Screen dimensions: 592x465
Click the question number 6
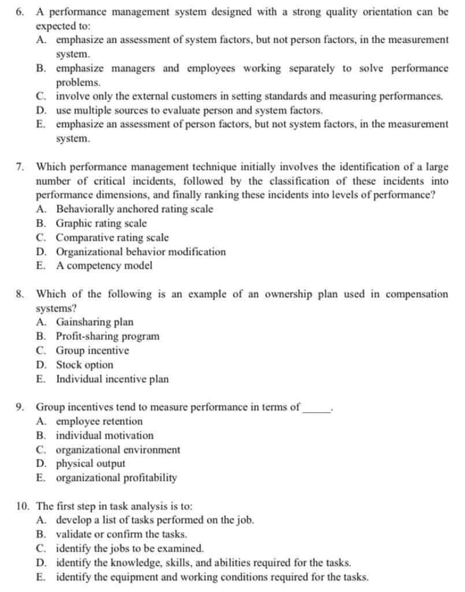20,12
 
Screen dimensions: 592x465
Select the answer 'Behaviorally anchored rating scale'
134,209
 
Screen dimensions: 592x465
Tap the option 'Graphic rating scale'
101,224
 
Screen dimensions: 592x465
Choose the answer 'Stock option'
84,365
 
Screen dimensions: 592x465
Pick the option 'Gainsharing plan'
94,323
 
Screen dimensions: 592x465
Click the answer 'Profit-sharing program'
107,336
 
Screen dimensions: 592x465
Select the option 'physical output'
90,464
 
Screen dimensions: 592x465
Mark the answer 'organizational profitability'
116,478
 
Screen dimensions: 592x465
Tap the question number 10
23,506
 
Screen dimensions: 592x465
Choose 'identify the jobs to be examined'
129,549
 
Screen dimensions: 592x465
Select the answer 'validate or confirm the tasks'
121,535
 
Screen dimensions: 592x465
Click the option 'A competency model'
104,266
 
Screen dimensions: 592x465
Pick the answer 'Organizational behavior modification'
140,252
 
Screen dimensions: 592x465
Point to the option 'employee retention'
99,421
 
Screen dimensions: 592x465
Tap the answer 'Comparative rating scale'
112,238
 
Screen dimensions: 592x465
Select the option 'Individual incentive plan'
112,379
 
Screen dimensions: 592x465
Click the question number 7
20,167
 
